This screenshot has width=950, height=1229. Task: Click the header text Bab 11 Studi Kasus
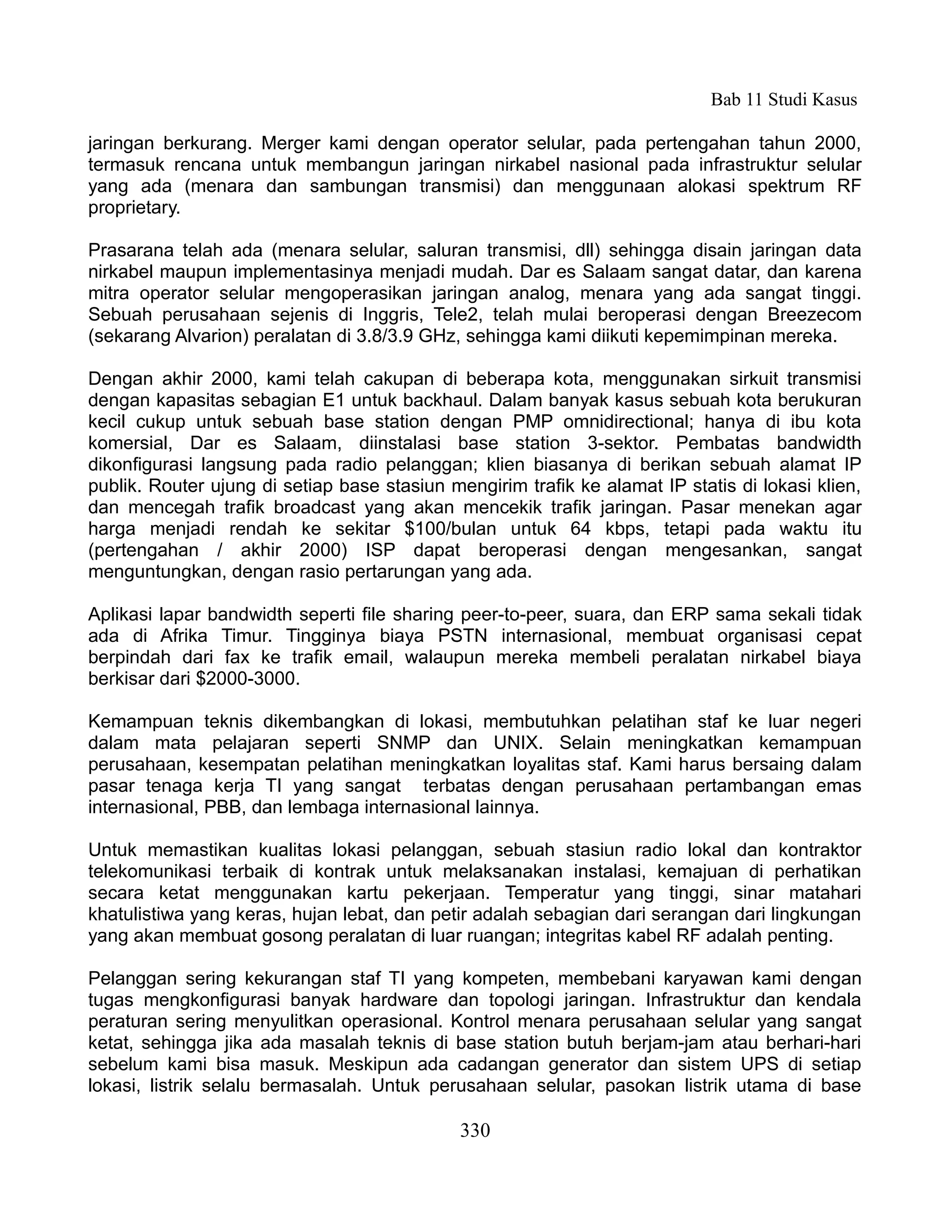pyautogui.click(x=783, y=100)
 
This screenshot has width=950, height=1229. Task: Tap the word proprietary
pyautogui.click(x=134, y=208)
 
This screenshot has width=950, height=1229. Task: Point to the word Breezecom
pyautogui.click(x=815, y=314)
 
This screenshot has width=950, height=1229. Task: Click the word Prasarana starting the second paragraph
pyautogui.click(x=128, y=250)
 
